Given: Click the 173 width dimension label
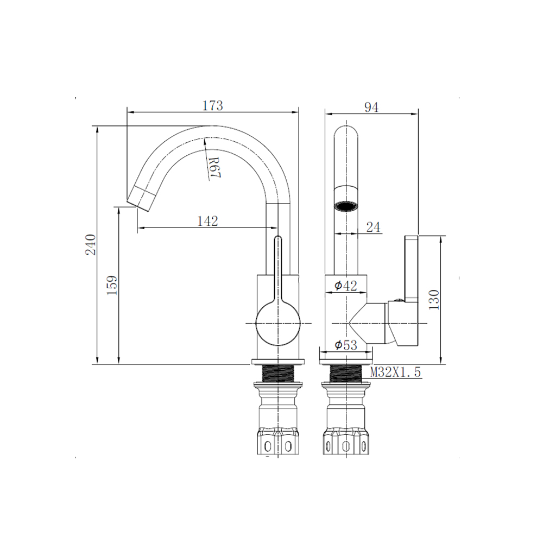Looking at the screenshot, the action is click(x=213, y=105).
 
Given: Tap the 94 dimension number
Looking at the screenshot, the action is click(x=371, y=107).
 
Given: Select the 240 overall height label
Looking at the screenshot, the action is click(x=91, y=244).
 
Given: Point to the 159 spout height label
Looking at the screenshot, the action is click(x=112, y=285).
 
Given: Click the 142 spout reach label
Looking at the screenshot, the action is click(x=207, y=221).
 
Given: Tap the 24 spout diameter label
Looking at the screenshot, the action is click(x=374, y=227).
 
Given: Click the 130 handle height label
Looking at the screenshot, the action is click(x=433, y=300).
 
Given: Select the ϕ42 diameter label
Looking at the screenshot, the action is click(x=345, y=286).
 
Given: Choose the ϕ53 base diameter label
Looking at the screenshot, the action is click(x=345, y=345).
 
